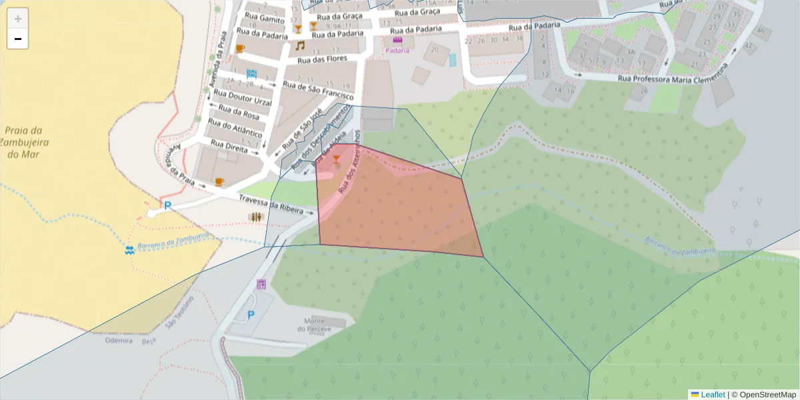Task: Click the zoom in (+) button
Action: pos(18,19)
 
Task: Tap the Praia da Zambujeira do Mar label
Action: pos(23,142)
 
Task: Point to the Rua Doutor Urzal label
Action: pos(243,97)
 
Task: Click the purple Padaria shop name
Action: pos(397,50)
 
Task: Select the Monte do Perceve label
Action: pos(314,325)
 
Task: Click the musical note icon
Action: pos(300,46)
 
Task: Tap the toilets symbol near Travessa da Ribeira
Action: pos(256,217)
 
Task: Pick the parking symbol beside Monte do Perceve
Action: pos(251,315)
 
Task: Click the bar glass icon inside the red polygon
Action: pos(336,159)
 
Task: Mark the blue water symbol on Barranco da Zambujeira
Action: pos(129,250)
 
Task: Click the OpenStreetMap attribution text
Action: pos(767,395)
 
